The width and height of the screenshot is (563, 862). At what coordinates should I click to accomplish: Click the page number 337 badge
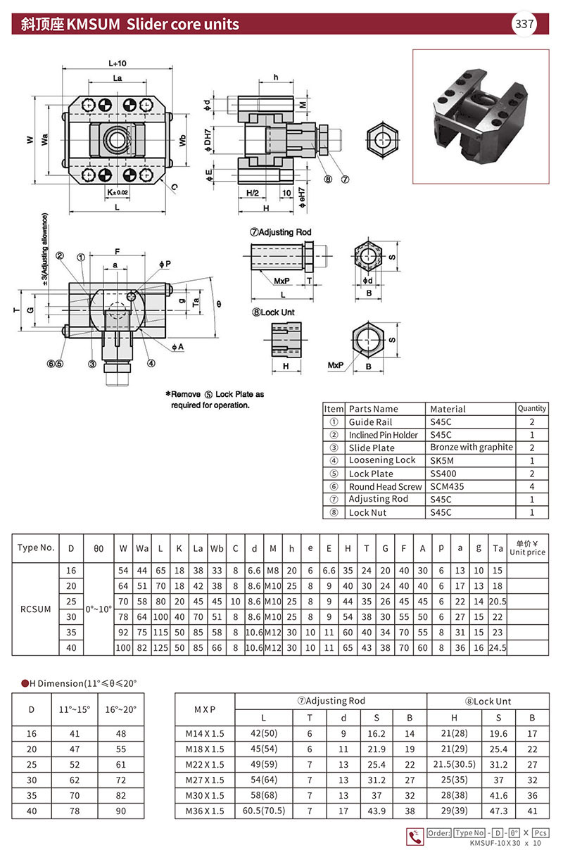point(525,24)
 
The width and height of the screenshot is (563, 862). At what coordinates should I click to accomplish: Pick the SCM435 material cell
point(447,486)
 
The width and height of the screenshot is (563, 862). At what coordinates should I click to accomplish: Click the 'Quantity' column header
point(532,408)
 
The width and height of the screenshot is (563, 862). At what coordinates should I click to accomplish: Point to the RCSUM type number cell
point(35,609)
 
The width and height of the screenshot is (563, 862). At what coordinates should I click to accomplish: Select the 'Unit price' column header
point(527,548)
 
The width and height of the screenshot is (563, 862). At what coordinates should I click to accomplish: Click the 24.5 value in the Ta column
point(498,647)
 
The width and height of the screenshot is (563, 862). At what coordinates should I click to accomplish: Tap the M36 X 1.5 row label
point(204,811)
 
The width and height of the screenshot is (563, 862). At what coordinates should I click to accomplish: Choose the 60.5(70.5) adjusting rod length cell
point(265,811)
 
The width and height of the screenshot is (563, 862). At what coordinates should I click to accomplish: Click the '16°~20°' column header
point(120,709)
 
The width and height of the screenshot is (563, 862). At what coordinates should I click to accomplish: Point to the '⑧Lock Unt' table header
point(488,701)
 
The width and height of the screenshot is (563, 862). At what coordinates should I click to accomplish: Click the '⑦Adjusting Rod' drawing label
point(281,232)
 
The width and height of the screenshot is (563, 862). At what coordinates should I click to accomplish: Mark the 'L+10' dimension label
point(118,63)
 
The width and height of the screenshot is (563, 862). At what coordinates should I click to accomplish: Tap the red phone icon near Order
point(415,837)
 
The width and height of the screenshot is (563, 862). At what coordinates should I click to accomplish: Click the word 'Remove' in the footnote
point(189,394)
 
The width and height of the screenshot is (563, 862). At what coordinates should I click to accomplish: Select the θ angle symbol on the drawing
point(219,304)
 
